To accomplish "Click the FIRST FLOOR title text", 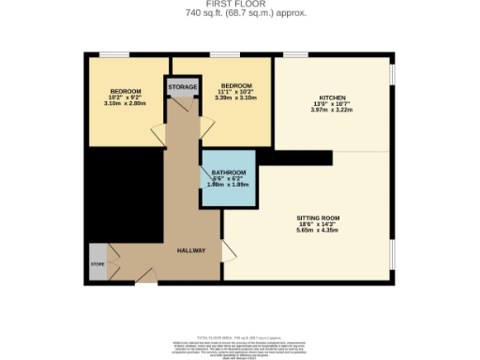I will click(239, 5).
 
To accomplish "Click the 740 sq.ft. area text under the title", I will click(239, 13).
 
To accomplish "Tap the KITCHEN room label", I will click(333, 97).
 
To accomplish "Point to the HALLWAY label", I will click(191, 250).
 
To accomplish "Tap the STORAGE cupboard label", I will click(183, 87).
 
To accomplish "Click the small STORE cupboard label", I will click(97, 264).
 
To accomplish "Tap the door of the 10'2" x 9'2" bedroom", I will click(156, 137).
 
